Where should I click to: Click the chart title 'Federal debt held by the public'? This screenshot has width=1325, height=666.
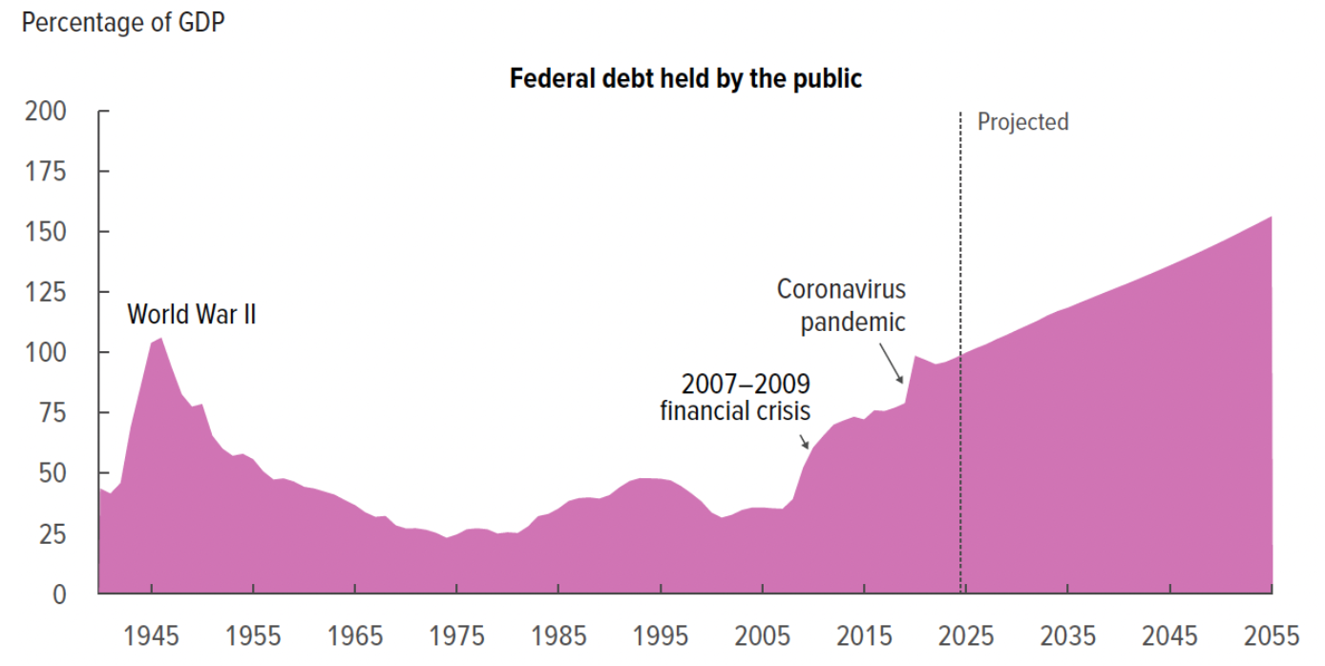pos(685,78)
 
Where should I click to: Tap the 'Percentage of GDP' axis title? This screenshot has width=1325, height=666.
pos(123,22)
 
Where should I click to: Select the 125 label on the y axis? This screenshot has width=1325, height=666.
pos(47,293)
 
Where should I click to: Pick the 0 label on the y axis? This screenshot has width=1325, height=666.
pos(59,594)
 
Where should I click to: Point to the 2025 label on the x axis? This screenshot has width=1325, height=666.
pos(967,635)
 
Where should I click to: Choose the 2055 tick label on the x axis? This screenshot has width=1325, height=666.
pos(1272,635)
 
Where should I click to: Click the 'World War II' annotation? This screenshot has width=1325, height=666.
pos(191,314)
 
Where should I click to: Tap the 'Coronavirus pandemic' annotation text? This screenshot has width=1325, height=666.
pos(841,305)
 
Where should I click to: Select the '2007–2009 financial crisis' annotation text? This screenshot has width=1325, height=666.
pos(736,398)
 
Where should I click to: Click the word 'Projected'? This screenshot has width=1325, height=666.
pos(1022,122)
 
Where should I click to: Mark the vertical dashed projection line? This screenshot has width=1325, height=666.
pos(960,239)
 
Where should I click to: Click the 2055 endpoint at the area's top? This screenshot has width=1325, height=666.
pos(1271,218)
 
